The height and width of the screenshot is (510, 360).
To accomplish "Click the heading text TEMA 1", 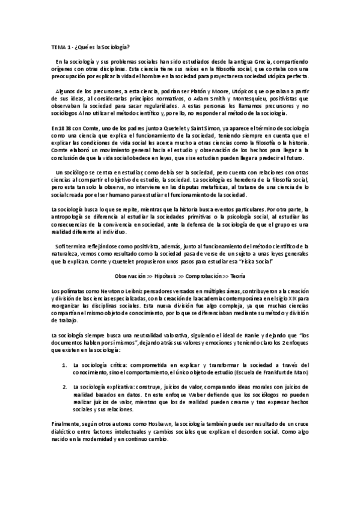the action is coord(59,47).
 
